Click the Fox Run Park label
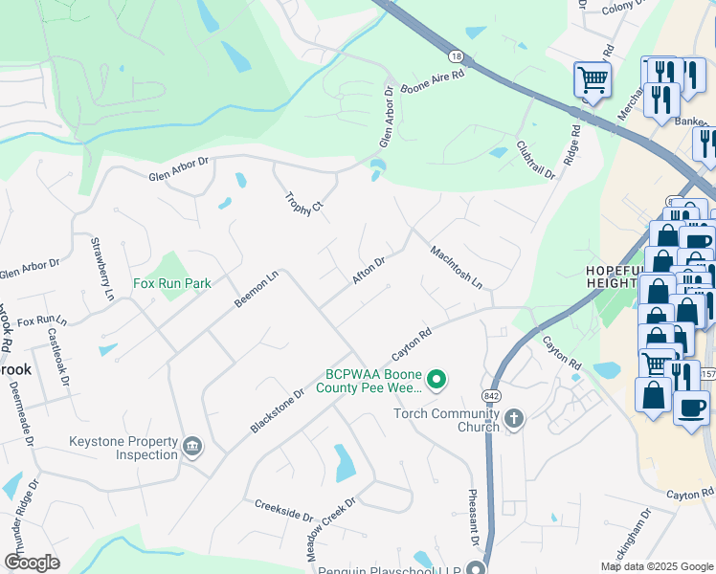coord(171,283)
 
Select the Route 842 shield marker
coord(491,395)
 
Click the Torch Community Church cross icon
coord(514,419)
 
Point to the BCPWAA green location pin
coord(436,381)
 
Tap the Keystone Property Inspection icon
coord(192,447)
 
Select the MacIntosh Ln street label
coord(456,268)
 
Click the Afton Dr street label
coord(369,269)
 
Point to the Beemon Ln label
coord(257,288)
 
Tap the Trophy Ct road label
coord(304,202)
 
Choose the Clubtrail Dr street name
coord(535,160)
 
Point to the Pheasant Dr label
coord(472,521)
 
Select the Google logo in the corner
coord(32,563)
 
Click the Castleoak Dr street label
coord(58,357)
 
